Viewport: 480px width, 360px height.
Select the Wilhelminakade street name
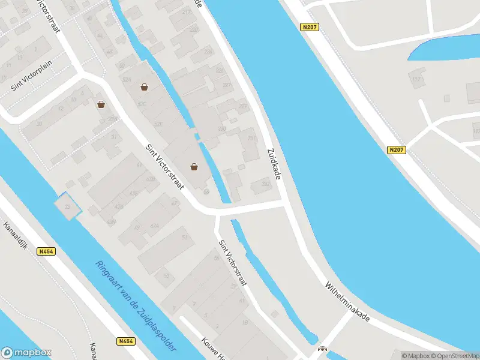(x=347, y=302)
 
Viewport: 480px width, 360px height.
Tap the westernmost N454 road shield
(x=46, y=252)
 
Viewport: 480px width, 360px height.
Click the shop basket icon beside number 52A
(x=144, y=87)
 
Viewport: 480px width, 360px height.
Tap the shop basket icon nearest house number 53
(x=194, y=167)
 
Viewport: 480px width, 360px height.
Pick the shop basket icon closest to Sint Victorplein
(x=101, y=104)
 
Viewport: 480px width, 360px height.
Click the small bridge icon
(x=322, y=349)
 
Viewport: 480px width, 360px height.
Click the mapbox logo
(x=27, y=353)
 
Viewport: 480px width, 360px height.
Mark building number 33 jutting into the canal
(x=67, y=208)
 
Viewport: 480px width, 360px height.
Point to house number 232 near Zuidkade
(x=265, y=184)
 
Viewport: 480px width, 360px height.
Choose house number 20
(x=39, y=124)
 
